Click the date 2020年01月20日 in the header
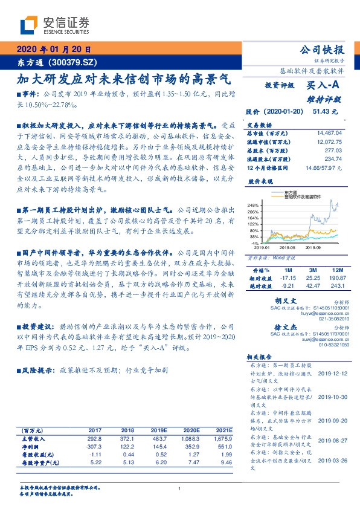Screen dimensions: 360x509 (54, 50)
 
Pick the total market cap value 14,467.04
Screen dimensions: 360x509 (329, 132)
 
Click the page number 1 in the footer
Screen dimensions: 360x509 (180, 488)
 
